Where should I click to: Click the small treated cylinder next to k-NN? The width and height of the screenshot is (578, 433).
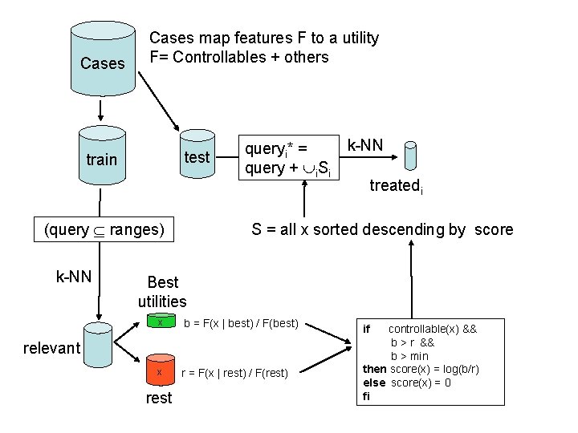click(x=410, y=159)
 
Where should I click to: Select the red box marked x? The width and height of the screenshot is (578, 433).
click(x=160, y=372)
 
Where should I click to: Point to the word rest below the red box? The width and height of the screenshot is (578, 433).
click(x=159, y=398)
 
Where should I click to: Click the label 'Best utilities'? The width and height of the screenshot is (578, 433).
click(x=162, y=292)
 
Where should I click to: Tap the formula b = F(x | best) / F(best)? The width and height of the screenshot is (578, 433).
click(x=241, y=323)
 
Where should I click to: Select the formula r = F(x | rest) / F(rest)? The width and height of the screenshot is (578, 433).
click(x=238, y=373)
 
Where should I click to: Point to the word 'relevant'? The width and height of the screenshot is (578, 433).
click(x=52, y=347)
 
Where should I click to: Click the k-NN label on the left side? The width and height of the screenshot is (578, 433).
click(x=73, y=277)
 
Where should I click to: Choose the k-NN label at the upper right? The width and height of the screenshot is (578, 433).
click(x=364, y=145)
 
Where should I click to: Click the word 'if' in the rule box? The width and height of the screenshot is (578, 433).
click(x=367, y=330)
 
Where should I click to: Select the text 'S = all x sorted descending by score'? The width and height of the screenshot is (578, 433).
click(x=382, y=230)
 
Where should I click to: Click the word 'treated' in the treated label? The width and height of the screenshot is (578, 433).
click(x=394, y=186)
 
